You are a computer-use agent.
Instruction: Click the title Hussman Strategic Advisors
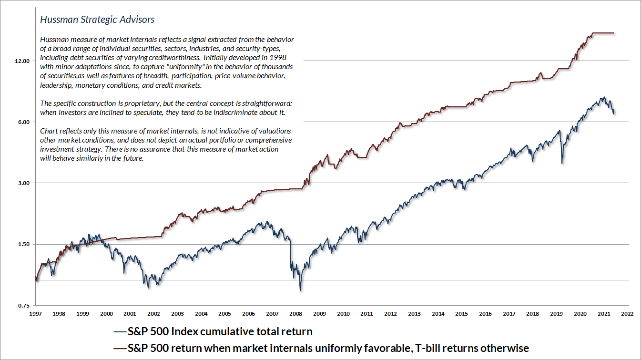(97, 20)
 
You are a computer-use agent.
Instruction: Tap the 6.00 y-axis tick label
(23, 122)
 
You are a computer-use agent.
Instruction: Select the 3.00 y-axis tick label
(23, 183)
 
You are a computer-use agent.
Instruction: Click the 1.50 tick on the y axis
(23, 244)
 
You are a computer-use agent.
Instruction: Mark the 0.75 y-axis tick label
(23, 305)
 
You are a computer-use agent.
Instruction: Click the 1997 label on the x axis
(35, 314)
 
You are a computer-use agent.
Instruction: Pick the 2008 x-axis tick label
(296, 314)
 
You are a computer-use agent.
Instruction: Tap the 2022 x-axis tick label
(628, 314)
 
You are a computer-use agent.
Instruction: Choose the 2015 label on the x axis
(461, 314)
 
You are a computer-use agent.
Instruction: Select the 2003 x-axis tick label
(177, 314)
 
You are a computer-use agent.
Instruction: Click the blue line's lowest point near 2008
(300, 290)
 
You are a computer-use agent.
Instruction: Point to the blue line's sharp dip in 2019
(562, 163)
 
